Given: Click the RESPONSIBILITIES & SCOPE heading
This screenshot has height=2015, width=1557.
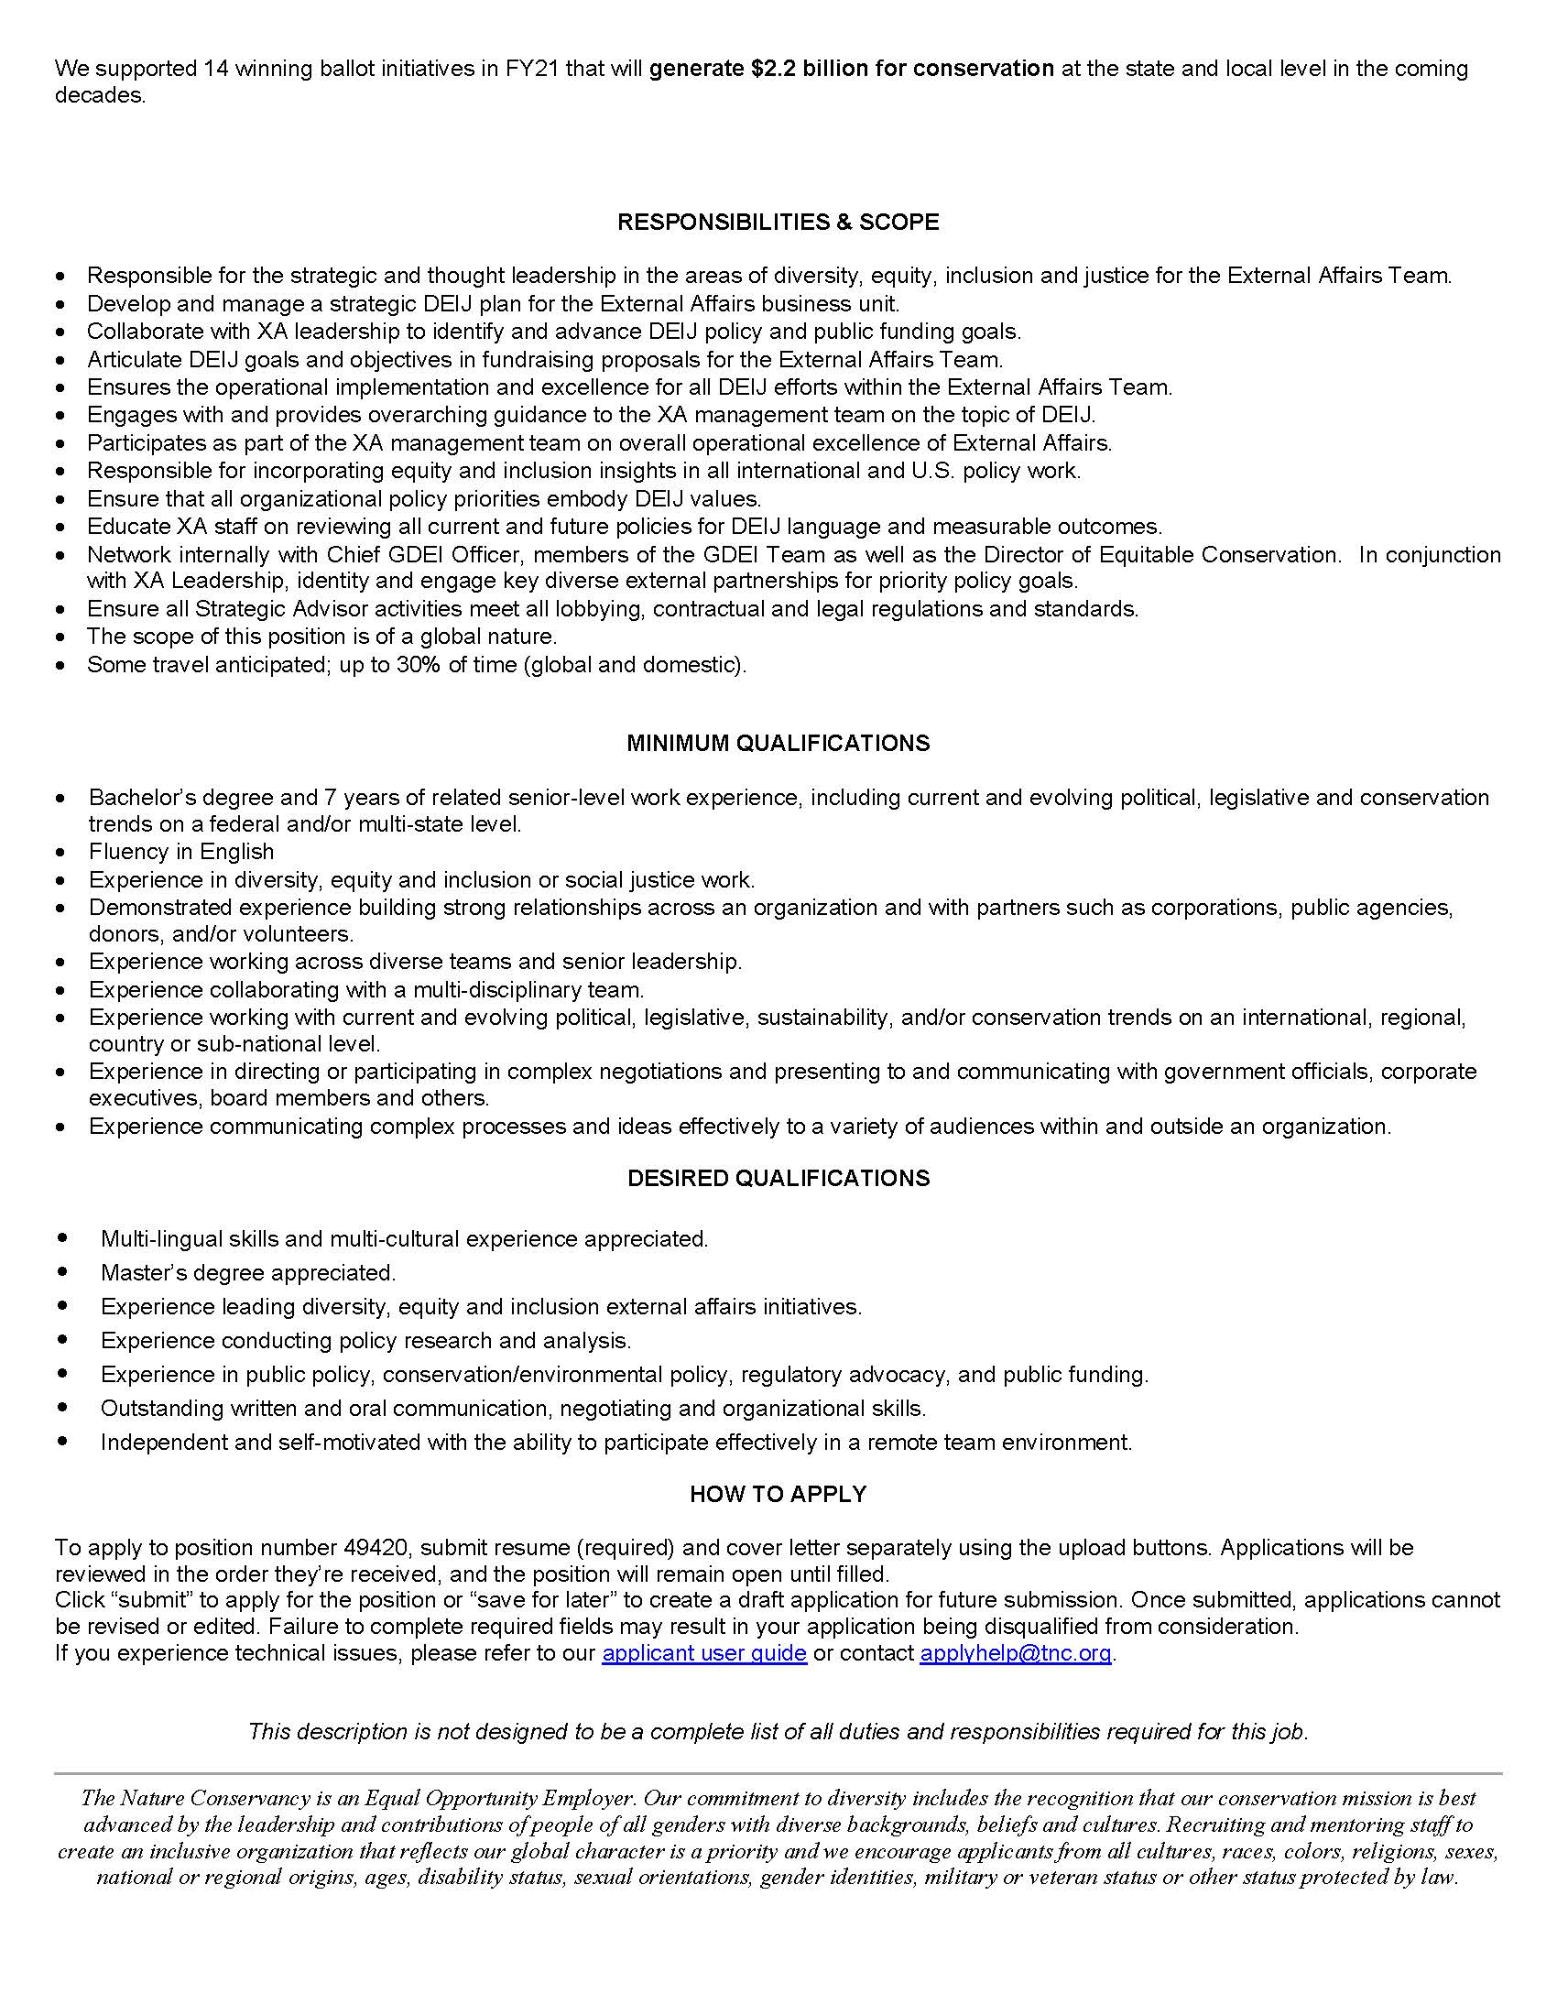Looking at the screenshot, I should [x=778, y=222].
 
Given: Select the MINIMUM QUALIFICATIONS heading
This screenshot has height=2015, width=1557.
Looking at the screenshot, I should [x=778, y=743].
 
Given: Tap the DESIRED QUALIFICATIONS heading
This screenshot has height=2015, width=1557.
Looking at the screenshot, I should [x=778, y=1178].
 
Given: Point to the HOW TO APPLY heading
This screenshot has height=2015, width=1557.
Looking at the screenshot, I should [x=778, y=1494].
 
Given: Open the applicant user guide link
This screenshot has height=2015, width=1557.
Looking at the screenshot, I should [x=703, y=1652].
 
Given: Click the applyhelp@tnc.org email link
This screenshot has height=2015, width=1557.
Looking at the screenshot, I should [x=1015, y=1652].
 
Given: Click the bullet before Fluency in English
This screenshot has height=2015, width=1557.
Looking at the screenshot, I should [x=60, y=854].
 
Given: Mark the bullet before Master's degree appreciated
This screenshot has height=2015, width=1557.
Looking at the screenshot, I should [x=61, y=1272].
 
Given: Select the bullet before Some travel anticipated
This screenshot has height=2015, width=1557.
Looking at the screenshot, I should [x=60, y=665].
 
